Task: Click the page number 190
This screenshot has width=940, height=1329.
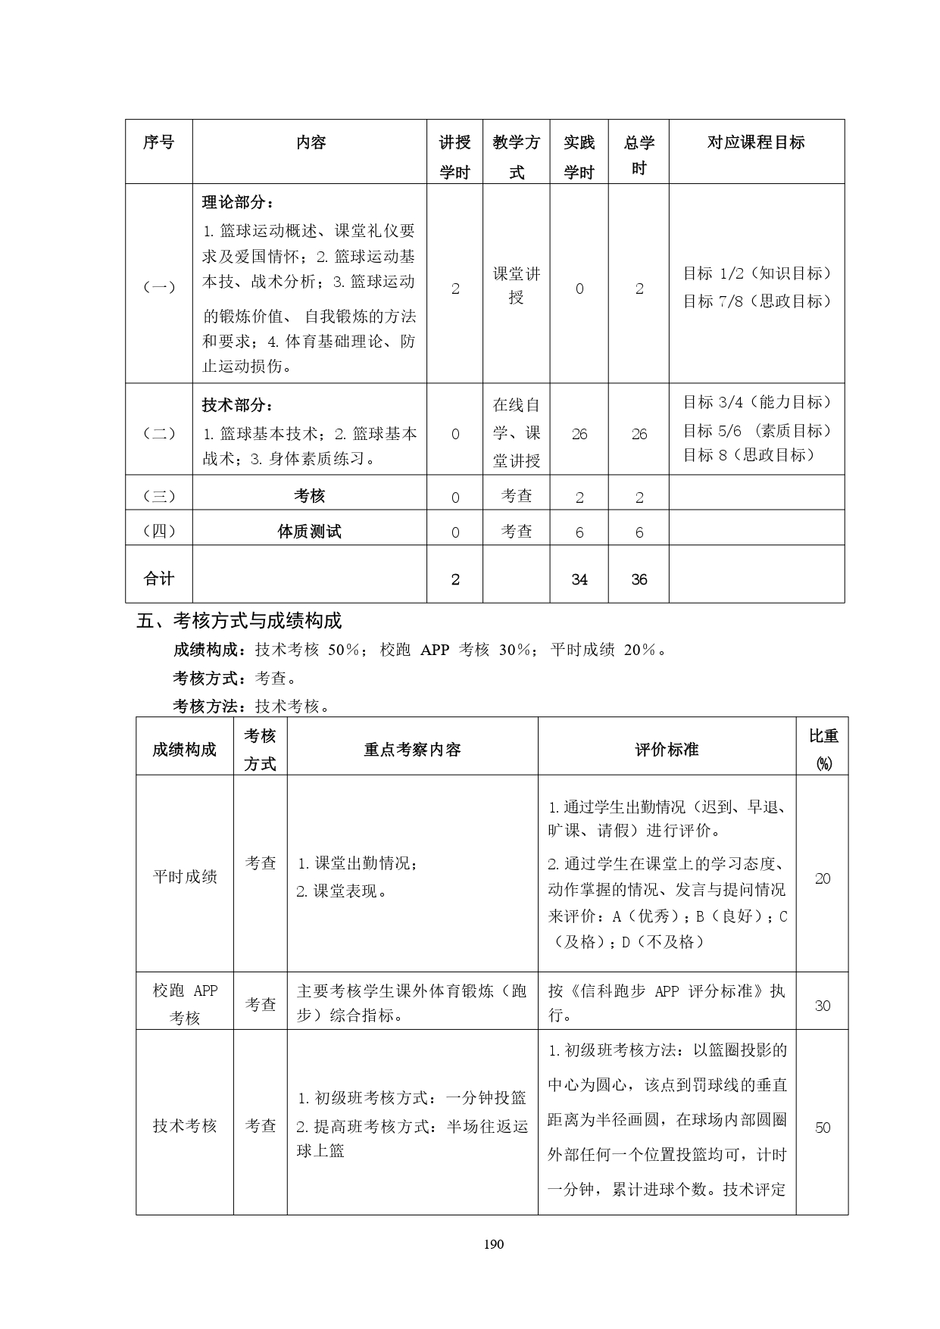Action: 493,1243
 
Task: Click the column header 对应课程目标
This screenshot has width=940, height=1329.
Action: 756,142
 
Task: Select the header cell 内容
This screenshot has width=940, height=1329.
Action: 311,142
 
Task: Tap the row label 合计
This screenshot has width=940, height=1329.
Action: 159,579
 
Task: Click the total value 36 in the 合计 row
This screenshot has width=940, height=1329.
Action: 639,579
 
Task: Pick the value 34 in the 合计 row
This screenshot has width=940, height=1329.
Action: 579,579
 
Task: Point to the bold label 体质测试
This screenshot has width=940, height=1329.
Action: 309,532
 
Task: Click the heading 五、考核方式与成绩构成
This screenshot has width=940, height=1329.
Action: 239,621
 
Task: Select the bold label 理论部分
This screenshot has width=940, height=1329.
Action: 238,202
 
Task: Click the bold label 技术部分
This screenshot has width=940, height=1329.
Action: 238,405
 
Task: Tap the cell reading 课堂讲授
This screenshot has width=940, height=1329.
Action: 517,285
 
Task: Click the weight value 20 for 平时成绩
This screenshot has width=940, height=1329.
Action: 823,878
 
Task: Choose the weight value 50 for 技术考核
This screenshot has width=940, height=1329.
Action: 823,1128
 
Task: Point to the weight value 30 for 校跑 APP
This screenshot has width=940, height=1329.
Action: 823,1006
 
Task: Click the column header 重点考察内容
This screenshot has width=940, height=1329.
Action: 412,750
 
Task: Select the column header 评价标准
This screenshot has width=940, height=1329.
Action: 667,750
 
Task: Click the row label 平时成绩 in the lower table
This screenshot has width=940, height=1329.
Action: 185,876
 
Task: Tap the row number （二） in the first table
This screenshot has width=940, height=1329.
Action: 159,434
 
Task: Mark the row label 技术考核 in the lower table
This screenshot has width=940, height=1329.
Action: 185,1126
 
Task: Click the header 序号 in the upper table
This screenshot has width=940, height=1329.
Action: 159,142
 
